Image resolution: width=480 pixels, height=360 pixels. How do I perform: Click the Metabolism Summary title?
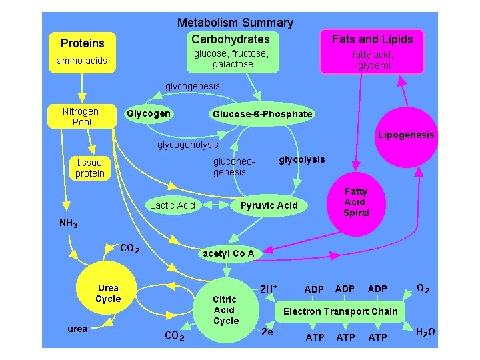coord(235,23)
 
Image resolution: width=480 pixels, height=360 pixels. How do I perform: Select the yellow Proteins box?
coord(83,43)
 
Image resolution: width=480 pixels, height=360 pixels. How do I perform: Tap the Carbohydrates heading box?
coord(231,39)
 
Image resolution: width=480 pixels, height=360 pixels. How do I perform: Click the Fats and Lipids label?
coord(372,39)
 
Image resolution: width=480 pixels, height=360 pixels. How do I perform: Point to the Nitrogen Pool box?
coord(80,117)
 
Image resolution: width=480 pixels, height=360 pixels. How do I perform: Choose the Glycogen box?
coord(148,113)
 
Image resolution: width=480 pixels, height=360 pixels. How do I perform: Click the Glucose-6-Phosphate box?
coord(262,114)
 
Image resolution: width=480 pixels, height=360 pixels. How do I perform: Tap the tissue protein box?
coord(90,168)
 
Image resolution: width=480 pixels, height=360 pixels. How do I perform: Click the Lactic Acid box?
coord(173,205)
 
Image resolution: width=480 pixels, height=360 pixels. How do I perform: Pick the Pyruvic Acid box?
coord(269,205)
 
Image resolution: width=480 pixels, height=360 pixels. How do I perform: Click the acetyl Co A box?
coord(228,253)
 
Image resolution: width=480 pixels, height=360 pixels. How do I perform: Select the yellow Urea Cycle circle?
coord(107,294)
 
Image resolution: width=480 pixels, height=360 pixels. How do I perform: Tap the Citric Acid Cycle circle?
coord(226,311)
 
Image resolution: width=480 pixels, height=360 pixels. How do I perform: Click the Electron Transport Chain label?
coord(340,311)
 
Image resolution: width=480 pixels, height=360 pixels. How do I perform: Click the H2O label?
coord(425,332)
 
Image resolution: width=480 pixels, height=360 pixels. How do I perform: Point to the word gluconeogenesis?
coord(230,167)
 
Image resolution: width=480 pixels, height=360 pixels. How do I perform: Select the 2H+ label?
coord(269,289)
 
